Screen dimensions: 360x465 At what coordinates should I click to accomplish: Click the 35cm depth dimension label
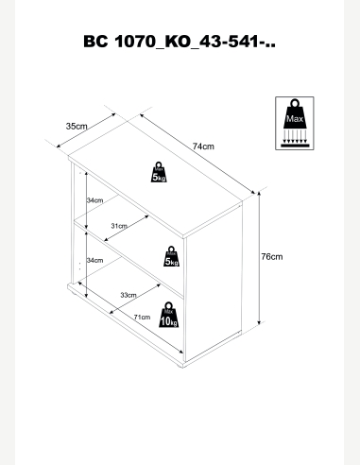[x=77, y=127]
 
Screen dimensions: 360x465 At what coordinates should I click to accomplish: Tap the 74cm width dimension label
[x=203, y=146]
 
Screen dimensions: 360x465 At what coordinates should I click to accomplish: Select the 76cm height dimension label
[x=272, y=257]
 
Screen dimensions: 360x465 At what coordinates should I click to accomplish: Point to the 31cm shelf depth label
[x=119, y=226]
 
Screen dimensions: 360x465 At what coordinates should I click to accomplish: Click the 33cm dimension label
[x=129, y=295]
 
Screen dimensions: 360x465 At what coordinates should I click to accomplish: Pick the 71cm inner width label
[x=142, y=318]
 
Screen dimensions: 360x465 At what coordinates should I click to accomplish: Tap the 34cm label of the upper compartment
[x=94, y=200]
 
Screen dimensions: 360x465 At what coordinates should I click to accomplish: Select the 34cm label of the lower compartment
[x=94, y=260]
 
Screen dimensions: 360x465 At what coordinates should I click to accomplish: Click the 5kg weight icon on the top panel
[x=159, y=172]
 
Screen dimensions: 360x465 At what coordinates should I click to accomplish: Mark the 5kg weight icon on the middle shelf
[x=171, y=256]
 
